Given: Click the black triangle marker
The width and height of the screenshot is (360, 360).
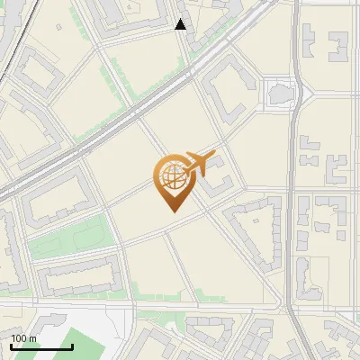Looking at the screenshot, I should point(181,24).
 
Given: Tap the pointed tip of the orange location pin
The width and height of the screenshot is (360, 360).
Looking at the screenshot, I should point(172,211).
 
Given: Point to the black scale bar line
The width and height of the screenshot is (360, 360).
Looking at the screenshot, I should point(41,346).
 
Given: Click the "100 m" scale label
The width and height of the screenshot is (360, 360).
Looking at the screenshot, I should point(23,337).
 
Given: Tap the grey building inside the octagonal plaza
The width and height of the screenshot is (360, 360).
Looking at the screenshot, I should point(280,92).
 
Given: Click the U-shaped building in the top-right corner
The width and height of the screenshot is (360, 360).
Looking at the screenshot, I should point(338,47).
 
